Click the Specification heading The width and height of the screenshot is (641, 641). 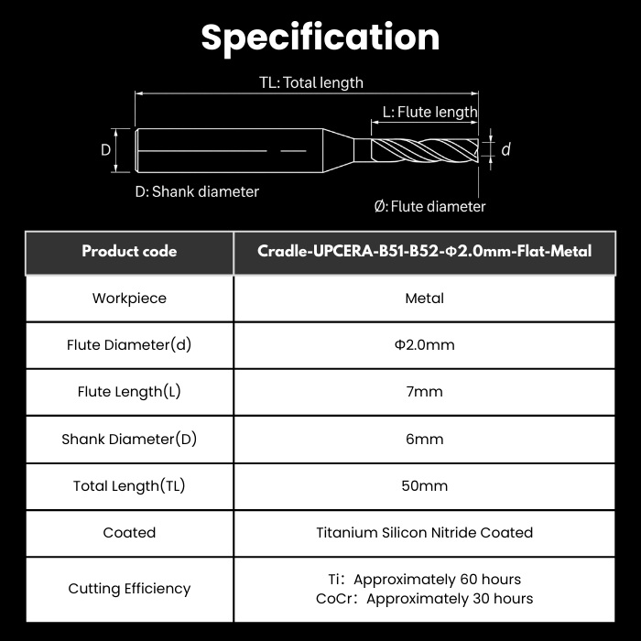320,38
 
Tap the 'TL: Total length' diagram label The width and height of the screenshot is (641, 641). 311,82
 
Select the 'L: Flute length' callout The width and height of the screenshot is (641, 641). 429,112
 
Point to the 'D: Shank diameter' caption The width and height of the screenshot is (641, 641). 197,191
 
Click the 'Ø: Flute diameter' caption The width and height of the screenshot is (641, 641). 429,206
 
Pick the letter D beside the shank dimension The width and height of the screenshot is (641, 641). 105,150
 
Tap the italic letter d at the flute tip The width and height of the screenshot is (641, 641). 505,149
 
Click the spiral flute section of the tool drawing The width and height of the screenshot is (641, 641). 425,150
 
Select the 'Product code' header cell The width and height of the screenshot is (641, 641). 129,251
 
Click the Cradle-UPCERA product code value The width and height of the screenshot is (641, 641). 424,251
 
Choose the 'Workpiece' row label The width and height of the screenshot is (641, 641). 129,299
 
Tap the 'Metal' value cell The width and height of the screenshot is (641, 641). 424,299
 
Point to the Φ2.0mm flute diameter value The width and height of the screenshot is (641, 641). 424,345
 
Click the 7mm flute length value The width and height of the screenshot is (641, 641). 424,392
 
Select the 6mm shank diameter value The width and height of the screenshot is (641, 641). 424,439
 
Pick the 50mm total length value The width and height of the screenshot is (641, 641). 424,486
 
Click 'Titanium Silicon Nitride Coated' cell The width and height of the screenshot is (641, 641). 424,533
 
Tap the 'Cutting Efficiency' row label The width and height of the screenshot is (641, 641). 129,589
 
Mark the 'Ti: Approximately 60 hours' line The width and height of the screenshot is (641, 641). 424,580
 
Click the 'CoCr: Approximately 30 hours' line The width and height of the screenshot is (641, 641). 424,599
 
